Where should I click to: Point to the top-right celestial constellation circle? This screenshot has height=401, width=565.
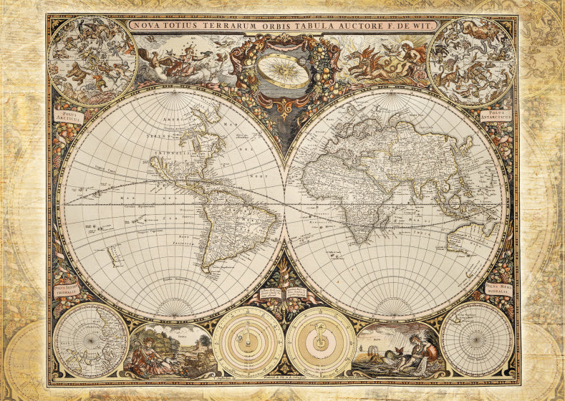[471, 61]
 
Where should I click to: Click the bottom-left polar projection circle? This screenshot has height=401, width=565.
[91, 339]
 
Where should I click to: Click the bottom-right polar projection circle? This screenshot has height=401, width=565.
[476, 339]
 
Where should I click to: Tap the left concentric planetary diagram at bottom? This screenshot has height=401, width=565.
[248, 342]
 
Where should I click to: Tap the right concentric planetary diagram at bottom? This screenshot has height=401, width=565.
[320, 342]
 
